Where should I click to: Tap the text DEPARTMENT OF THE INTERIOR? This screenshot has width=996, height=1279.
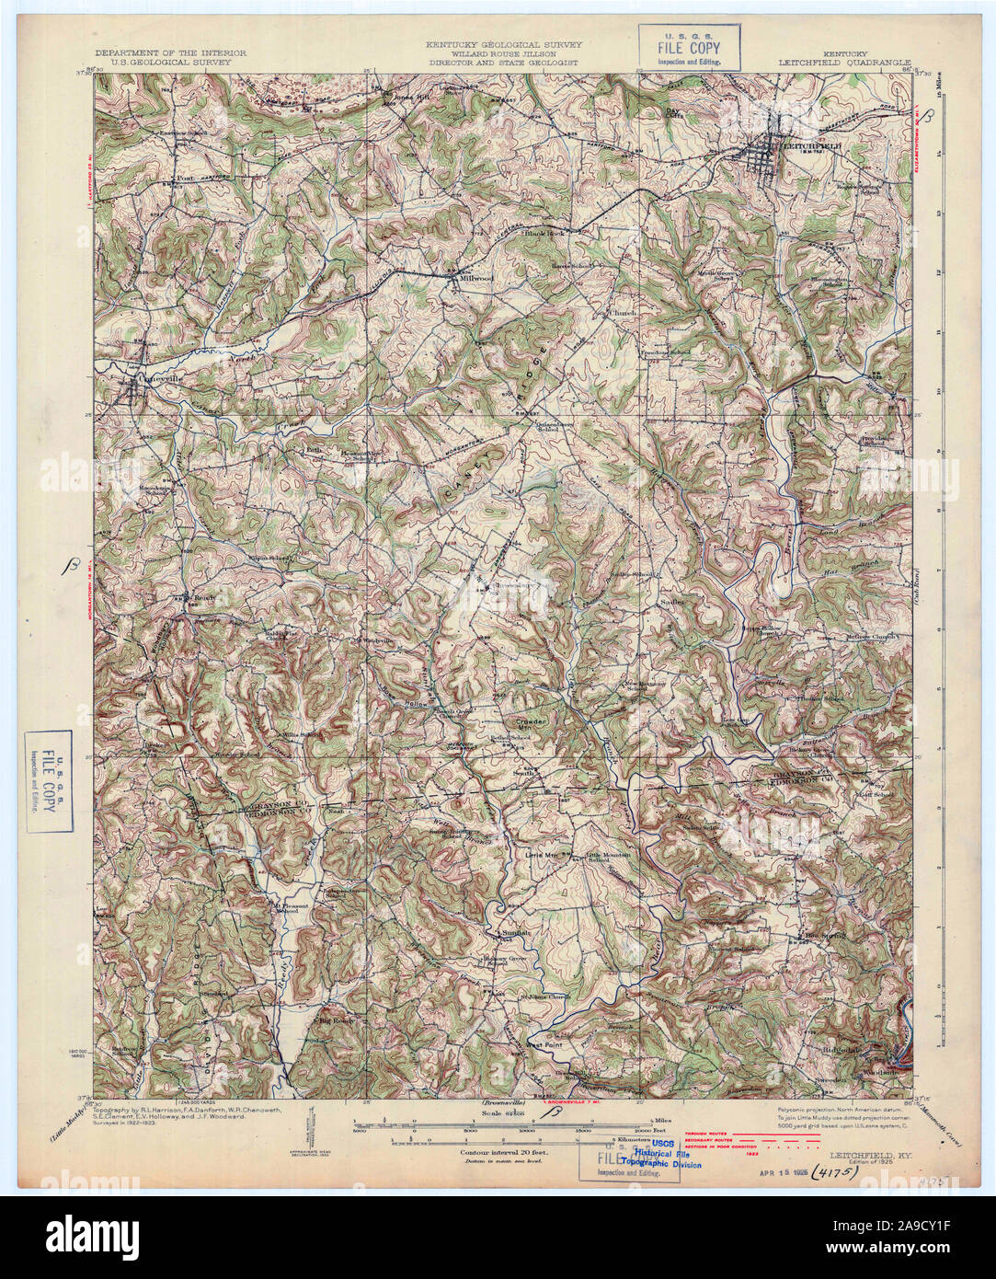170,53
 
